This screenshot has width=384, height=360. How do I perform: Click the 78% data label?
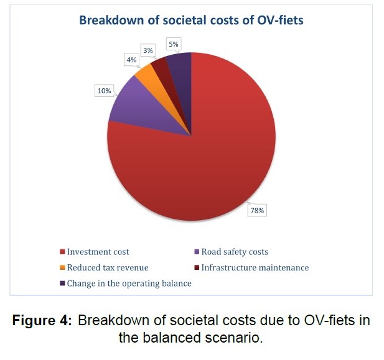[257, 211]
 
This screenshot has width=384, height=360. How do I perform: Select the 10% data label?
[104, 91]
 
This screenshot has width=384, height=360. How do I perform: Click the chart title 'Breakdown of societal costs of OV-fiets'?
[190, 20]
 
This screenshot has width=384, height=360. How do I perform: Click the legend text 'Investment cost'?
[98, 252]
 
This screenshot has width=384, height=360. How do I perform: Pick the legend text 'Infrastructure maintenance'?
[255, 267]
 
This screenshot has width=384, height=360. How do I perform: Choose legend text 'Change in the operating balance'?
[129, 283]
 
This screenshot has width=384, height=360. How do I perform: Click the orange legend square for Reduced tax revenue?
[62, 268]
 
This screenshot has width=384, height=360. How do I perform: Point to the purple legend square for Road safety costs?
[197, 252]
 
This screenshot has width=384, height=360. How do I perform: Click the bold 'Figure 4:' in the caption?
[45, 321]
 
